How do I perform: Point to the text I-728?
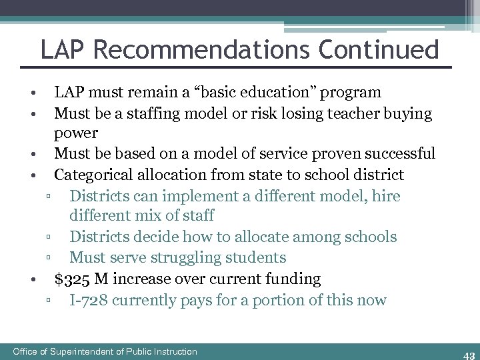coord(88,300)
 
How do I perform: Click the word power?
coord(76,133)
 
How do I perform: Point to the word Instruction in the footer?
coord(171,351)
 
